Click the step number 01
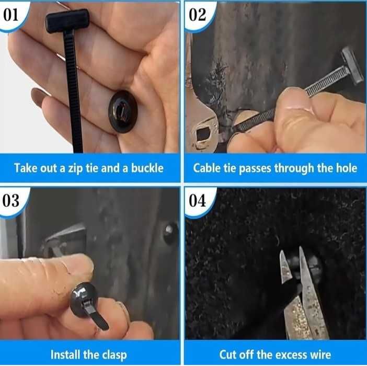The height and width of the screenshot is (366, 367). click(10, 15)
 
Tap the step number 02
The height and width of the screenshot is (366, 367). click(197, 15)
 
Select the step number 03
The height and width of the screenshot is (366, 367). click(10, 201)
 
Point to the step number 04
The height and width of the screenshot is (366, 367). click(197, 201)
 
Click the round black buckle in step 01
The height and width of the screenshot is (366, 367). click(123, 112)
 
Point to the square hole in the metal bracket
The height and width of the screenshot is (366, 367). click(203, 134)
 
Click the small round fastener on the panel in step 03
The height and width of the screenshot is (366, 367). click(170, 233)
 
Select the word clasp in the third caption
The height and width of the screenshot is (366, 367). click(115, 355)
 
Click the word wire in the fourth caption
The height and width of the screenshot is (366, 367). click(320, 354)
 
